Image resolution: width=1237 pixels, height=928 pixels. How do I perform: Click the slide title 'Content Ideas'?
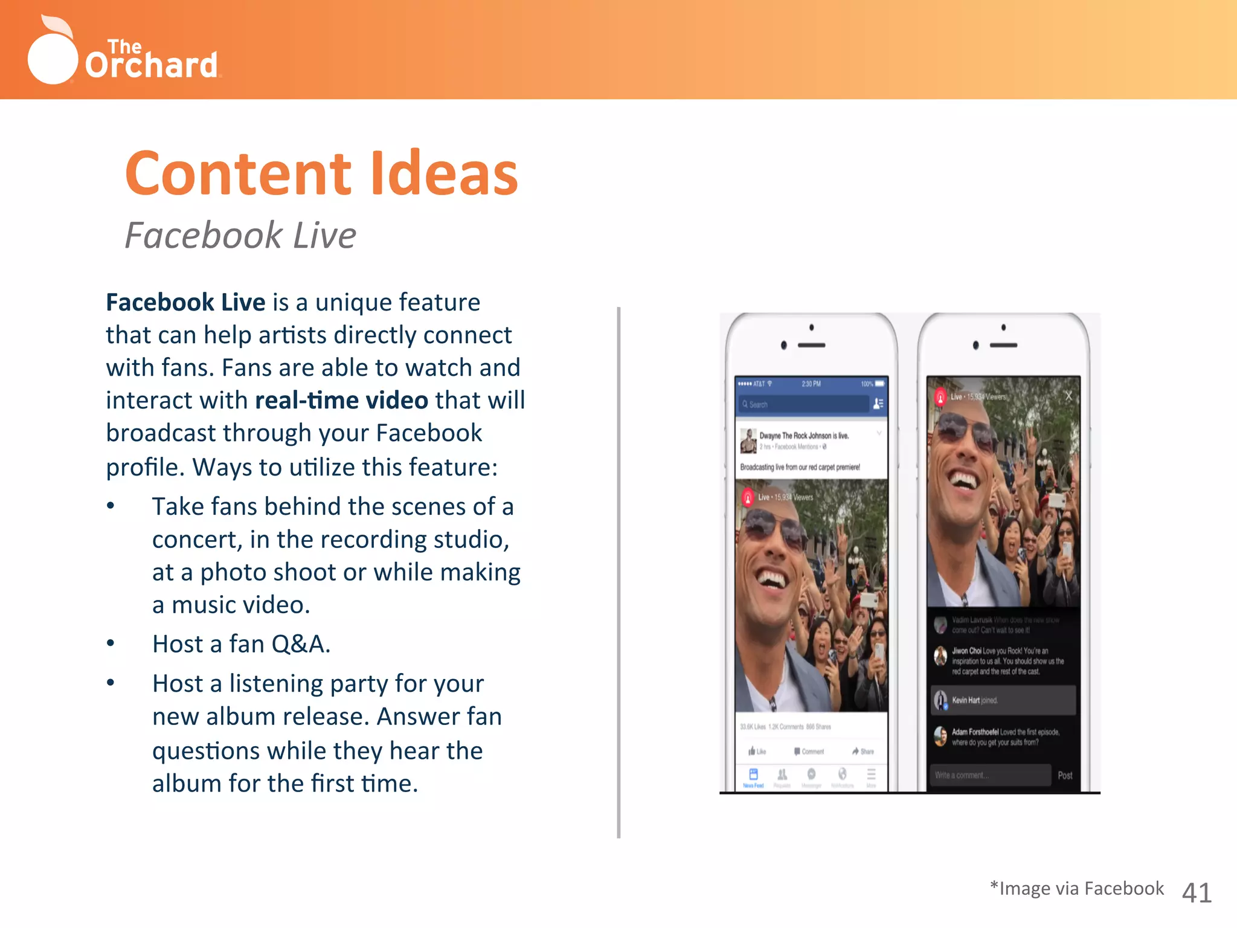click(x=321, y=173)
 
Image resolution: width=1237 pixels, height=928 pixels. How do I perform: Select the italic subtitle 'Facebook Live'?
click(x=240, y=235)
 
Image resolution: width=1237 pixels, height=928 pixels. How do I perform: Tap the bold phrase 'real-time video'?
click(x=341, y=401)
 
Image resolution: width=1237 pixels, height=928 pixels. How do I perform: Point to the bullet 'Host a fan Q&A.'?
click(x=241, y=644)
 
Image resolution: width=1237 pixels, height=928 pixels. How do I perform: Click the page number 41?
click(x=1197, y=892)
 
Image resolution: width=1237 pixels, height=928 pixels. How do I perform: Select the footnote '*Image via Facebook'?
click(x=1077, y=888)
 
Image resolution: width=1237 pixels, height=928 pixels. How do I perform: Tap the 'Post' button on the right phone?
click(x=1065, y=775)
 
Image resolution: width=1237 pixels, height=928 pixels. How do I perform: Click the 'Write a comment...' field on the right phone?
click(x=991, y=775)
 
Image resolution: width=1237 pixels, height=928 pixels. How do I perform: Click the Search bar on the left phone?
click(x=803, y=404)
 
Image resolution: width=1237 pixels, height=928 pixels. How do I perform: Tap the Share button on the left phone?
click(x=863, y=752)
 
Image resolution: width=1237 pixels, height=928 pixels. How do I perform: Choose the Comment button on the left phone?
click(x=809, y=752)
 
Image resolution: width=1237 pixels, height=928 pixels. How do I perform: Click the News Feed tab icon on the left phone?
click(x=753, y=776)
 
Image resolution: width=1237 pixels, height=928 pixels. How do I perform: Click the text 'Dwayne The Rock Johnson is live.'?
click(x=804, y=436)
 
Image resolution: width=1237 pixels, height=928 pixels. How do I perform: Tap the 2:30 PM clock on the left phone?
click(x=811, y=384)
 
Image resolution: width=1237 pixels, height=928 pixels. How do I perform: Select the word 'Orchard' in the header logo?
click(x=151, y=65)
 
